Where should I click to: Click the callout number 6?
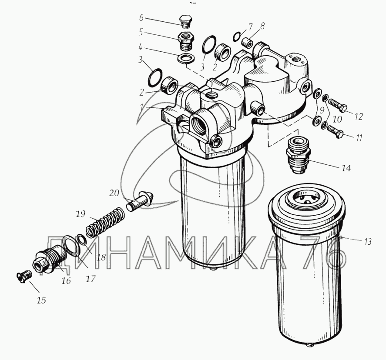141,18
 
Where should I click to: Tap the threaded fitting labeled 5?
186,41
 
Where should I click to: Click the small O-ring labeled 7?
236,37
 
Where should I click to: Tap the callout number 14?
346,168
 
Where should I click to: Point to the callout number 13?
368,242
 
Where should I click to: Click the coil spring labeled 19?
105,223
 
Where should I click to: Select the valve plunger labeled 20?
140,200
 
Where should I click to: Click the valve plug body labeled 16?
49,260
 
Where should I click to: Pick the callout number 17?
91,279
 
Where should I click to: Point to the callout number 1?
142,107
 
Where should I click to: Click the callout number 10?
337,119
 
